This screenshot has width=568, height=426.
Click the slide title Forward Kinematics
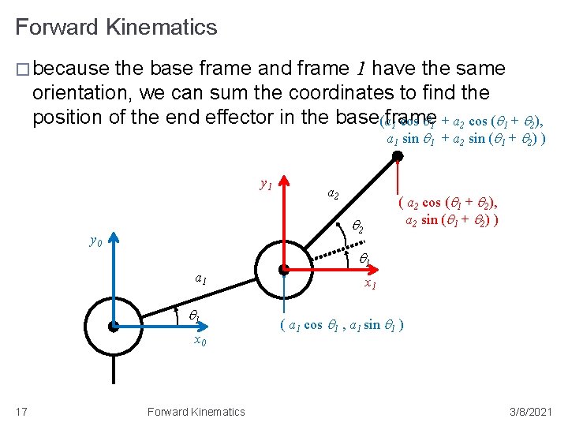click(116, 28)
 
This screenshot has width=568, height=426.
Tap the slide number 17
click(22, 411)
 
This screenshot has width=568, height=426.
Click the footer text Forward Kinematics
click(196, 411)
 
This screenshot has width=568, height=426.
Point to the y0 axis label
click(95, 241)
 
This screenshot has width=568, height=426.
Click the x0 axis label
click(200, 341)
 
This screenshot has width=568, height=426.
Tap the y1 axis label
click(266, 185)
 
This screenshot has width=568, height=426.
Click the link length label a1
click(201, 278)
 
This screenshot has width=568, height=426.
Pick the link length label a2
click(334, 194)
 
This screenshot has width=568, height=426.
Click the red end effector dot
click(398, 156)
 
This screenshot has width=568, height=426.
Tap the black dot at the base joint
click(114, 325)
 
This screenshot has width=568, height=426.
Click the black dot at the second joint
click(283, 269)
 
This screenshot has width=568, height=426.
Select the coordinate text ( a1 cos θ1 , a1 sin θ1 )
click(342, 324)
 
